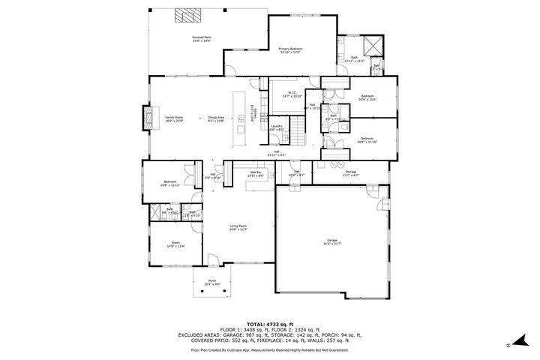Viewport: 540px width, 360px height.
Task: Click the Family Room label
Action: pyautogui.click(x=174, y=118)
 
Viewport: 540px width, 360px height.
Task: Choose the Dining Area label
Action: pyautogui.click(x=216, y=118)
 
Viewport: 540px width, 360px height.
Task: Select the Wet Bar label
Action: pyautogui.click(x=255, y=172)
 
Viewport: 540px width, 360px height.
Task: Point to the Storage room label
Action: pyautogui.click(x=350, y=172)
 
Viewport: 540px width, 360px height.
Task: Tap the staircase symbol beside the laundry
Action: pyautogui.click(x=298, y=136)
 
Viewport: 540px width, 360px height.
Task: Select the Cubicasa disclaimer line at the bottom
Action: pyautogui.click(x=270, y=349)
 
